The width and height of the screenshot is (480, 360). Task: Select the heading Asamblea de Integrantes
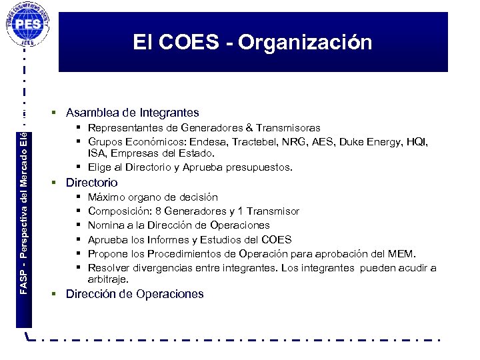tap(132, 113)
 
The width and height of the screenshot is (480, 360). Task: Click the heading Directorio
tap(91, 183)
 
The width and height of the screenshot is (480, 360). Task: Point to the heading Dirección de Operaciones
tap(135, 294)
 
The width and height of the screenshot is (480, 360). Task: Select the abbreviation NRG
tap(291, 142)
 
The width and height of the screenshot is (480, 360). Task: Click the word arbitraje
tap(110, 279)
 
